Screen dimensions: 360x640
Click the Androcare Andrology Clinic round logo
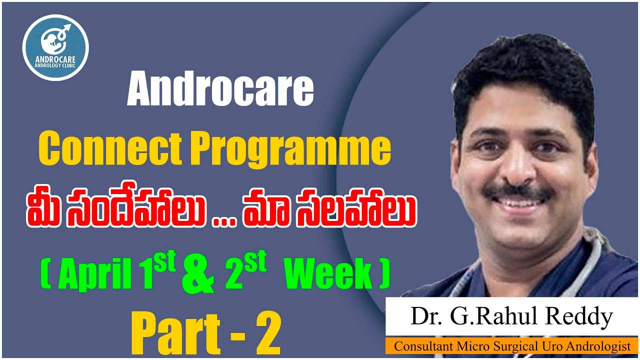coord(55,48)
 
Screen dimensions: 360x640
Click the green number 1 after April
coord(141,274)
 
